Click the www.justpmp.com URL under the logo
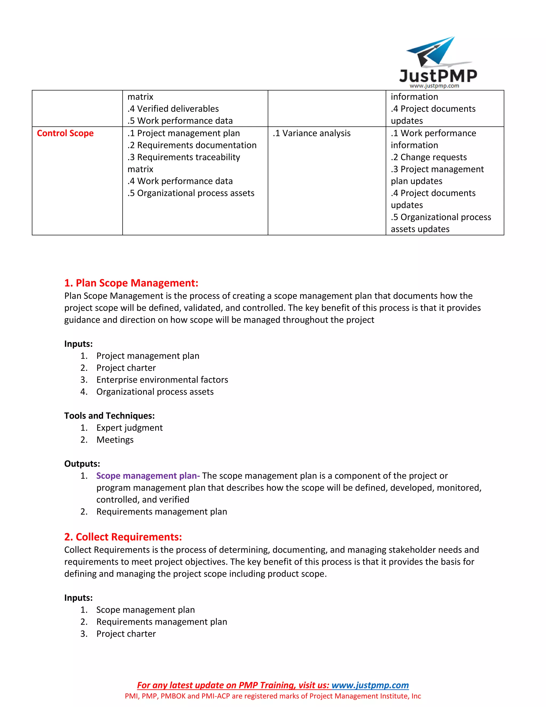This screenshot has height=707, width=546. [x=434, y=86]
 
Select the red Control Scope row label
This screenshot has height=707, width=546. [x=65, y=133]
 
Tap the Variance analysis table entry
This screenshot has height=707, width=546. [x=311, y=133]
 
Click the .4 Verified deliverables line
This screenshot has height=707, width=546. [x=173, y=109]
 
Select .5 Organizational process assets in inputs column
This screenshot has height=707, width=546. [x=191, y=193]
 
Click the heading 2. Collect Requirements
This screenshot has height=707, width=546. [x=123, y=537]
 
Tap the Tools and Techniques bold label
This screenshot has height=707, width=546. [x=109, y=416]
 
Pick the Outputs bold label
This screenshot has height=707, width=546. [x=82, y=464]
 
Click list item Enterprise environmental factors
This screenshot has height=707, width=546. [x=162, y=380]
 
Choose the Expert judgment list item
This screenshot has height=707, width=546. [x=129, y=428]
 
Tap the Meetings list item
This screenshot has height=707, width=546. [x=115, y=440]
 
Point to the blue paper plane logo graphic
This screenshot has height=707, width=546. [x=433, y=52]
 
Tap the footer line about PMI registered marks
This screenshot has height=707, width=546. [x=273, y=696]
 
